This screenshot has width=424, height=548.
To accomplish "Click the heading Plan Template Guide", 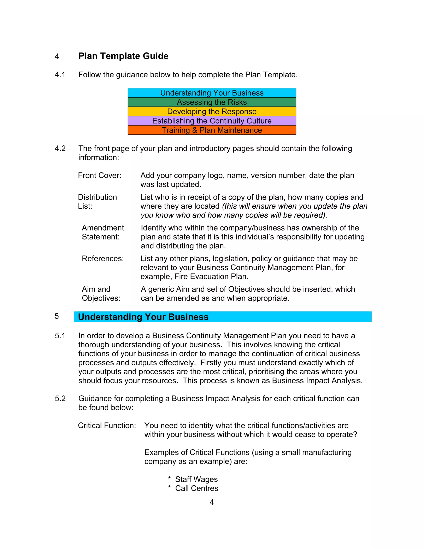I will pos(123,56).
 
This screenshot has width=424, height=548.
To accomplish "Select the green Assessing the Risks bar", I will pos(212,102).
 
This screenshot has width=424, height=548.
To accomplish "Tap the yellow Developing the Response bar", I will pos(212,111).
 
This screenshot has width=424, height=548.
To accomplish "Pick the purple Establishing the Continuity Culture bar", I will pos(212,121).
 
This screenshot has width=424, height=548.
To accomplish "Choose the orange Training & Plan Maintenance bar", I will pos(212,130).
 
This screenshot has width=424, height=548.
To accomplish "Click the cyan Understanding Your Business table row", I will pos(212,93).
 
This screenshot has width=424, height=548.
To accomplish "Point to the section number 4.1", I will pos(60,75).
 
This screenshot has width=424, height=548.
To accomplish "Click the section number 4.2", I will pos(60,148).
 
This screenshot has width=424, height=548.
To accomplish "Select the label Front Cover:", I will pos(99,175).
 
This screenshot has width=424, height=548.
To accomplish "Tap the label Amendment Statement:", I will pos(103,232).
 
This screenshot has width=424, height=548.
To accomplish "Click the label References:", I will pos(103,258).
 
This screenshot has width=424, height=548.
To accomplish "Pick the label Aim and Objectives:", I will pos(101,294).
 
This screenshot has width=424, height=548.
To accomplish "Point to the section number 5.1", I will pos(60,336).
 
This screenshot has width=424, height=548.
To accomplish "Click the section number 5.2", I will pos(60,398).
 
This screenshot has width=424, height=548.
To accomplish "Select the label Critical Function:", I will pos(107,426).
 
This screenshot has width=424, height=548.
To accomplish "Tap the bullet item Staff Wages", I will pos(196,479).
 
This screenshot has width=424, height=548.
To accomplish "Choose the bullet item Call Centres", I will pos(196,488).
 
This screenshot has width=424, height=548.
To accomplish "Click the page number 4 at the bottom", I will pos(212,502).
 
